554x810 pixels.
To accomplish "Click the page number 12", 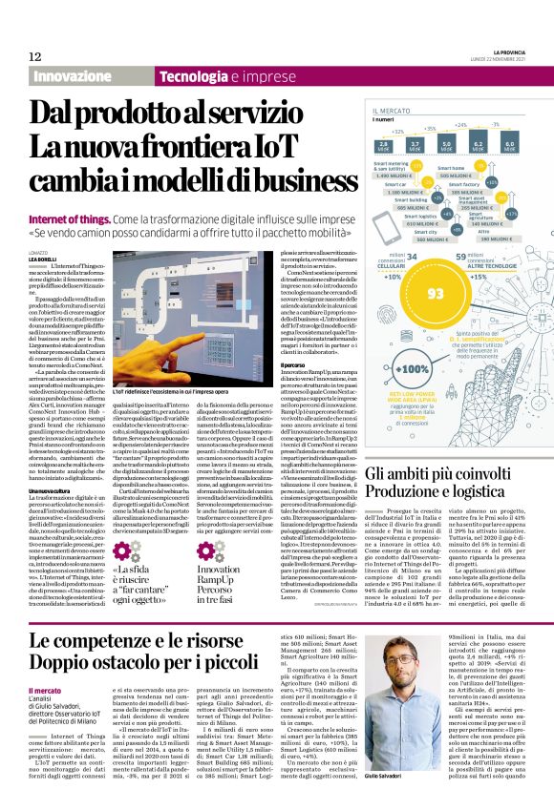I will click(33, 56).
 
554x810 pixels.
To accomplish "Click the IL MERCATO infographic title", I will click(391, 111).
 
